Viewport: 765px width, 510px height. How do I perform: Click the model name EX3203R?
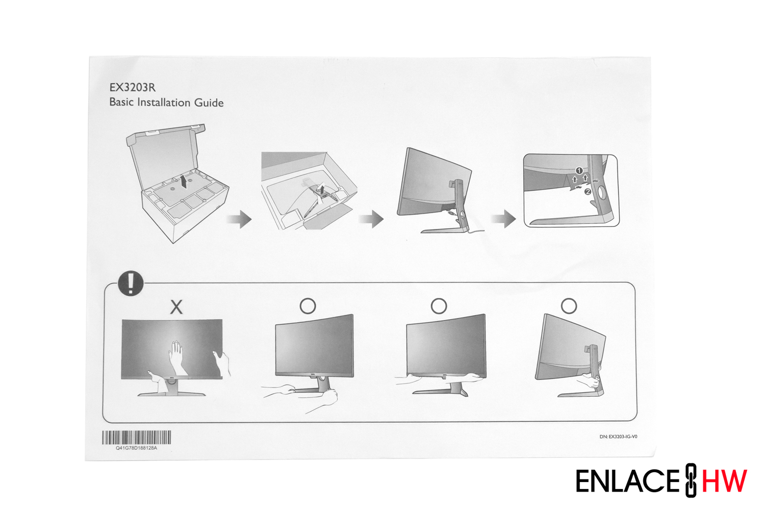133,88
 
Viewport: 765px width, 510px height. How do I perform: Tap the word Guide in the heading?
209,103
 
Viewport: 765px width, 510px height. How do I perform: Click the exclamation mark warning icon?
131,283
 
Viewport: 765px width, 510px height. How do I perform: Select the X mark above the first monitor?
176,307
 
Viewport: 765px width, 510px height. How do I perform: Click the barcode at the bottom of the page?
137,437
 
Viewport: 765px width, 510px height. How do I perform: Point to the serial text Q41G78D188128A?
137,448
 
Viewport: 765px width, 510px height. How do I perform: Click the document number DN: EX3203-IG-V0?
619,437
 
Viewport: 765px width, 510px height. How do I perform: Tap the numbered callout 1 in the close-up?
579,170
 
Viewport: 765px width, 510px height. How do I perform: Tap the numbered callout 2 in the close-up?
588,192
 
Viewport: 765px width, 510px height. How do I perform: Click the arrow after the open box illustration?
239,219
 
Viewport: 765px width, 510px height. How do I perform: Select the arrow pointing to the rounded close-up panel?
504,219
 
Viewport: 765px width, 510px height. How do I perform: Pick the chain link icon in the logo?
691,480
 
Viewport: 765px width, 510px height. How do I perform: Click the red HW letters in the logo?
724,481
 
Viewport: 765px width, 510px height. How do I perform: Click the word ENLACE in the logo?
628,481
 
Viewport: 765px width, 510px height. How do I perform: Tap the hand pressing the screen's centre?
176,358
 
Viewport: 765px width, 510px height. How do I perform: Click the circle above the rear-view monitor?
569,305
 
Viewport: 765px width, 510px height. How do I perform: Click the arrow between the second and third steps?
371,219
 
